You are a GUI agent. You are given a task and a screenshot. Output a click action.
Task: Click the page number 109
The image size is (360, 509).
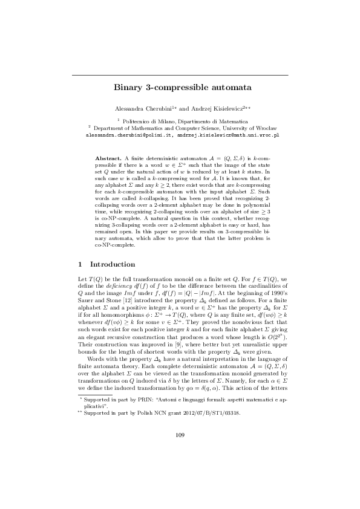(x=180, y=468)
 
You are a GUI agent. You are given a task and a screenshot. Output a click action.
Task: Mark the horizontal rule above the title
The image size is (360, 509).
(x=180, y=75)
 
